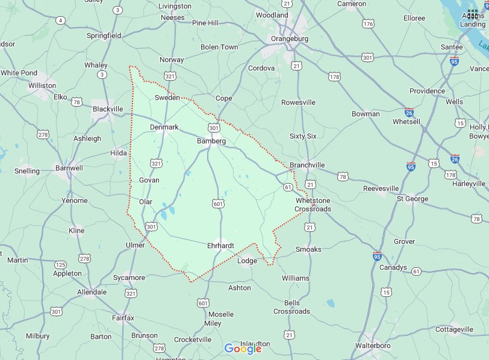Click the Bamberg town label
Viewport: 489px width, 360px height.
(x=211, y=141)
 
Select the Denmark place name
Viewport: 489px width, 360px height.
(x=164, y=127)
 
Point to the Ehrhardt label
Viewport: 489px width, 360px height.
(x=220, y=246)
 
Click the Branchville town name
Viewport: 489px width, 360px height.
(x=307, y=165)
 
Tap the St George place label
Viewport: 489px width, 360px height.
(x=413, y=199)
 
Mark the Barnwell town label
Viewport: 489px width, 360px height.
(x=69, y=168)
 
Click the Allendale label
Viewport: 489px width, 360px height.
(x=92, y=292)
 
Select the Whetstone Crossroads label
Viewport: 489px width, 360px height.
(x=313, y=205)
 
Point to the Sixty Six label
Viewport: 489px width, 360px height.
(x=303, y=136)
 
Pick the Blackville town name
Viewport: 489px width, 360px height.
(x=108, y=109)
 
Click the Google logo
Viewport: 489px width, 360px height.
(x=243, y=349)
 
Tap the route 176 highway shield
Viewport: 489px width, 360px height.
(x=369, y=23)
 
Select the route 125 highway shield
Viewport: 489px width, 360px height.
(x=60, y=264)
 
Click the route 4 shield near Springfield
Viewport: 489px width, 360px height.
(x=60, y=20)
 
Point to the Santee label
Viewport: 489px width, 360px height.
(x=452, y=47)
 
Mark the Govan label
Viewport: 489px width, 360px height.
(x=149, y=180)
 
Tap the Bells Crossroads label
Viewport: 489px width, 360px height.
(x=292, y=307)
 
